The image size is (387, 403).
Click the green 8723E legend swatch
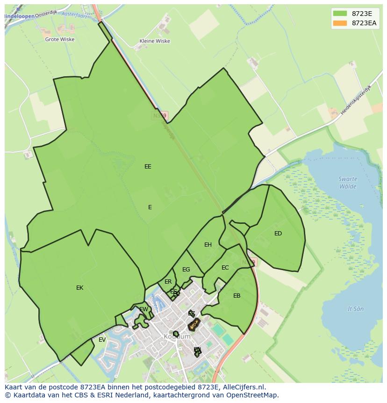point(340,14)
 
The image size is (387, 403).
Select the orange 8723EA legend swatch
point(340,23)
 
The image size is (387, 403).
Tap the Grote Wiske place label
point(59,40)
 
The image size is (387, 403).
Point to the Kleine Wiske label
point(155,41)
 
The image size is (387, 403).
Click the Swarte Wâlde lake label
point(348,183)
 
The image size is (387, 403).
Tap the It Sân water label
point(356,309)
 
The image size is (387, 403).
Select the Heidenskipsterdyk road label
point(356,101)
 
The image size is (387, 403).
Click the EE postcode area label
point(148,166)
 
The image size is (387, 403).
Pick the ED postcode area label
point(278,234)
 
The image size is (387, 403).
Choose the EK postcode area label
point(79,288)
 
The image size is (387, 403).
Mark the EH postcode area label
point(208,245)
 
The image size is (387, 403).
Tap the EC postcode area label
point(225,268)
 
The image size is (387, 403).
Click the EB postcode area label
point(236,296)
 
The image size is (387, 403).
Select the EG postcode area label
point(186,270)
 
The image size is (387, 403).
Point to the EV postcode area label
point(102,340)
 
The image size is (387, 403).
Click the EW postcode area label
point(144,309)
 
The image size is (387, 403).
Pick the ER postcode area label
point(168,282)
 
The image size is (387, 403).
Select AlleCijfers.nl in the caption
point(243,387)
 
